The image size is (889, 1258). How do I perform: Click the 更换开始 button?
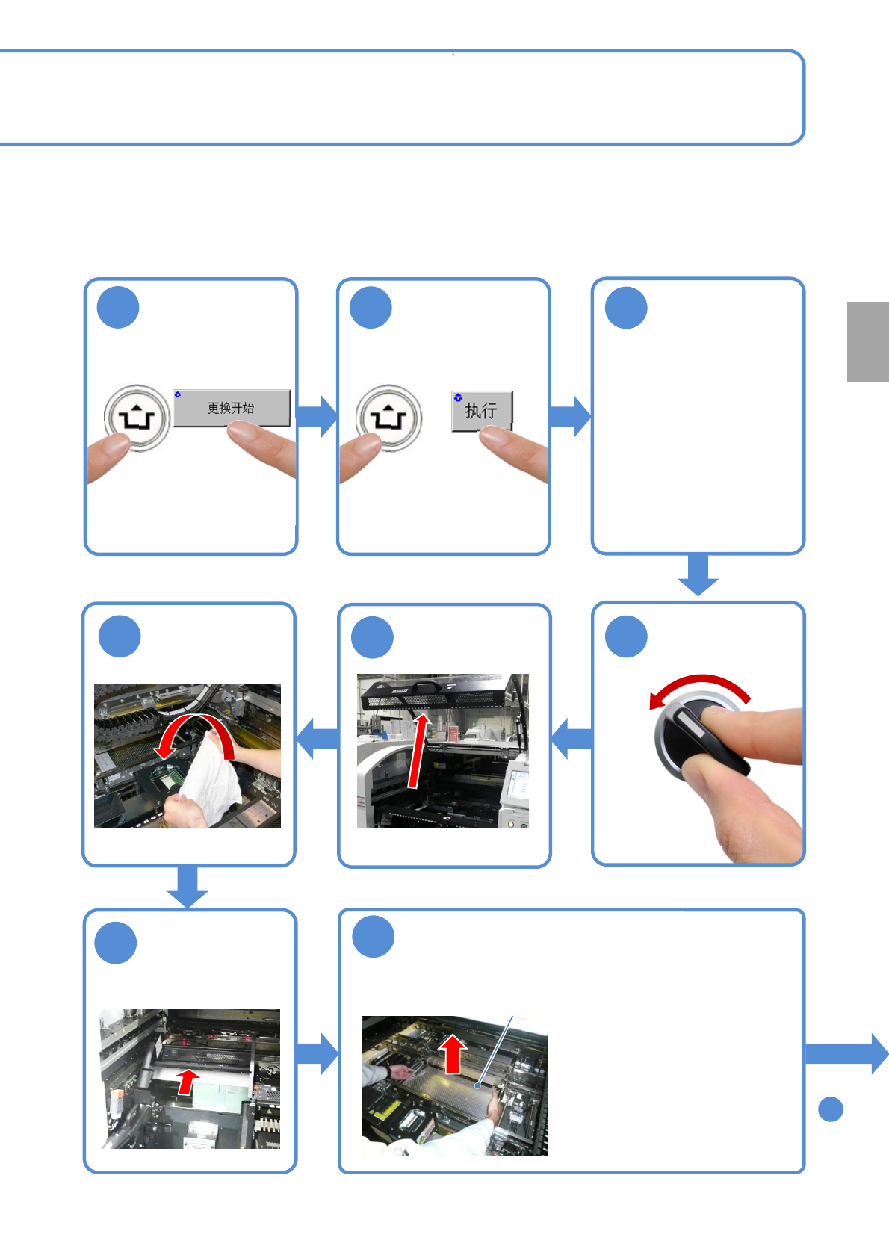(x=232, y=408)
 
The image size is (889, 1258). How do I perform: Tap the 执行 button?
(x=482, y=411)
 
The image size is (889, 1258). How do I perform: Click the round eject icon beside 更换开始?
(x=137, y=418)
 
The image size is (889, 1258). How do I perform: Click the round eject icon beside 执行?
(x=388, y=418)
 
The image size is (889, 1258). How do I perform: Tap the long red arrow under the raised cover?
(x=418, y=750)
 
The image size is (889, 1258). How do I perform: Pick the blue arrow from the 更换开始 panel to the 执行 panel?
(x=317, y=416)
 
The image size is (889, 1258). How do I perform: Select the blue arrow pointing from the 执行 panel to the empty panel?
(x=570, y=416)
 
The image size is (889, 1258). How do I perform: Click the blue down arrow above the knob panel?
(x=698, y=574)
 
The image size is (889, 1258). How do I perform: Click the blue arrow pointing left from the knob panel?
(x=571, y=739)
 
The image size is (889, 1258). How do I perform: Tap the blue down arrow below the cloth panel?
(x=188, y=887)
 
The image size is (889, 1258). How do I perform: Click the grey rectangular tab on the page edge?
(x=867, y=342)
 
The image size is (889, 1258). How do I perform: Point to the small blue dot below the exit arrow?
(x=831, y=1109)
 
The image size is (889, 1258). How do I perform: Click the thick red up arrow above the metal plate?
(x=453, y=1054)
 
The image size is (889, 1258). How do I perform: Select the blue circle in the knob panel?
(x=626, y=636)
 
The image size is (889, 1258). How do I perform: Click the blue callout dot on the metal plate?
(x=477, y=1085)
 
